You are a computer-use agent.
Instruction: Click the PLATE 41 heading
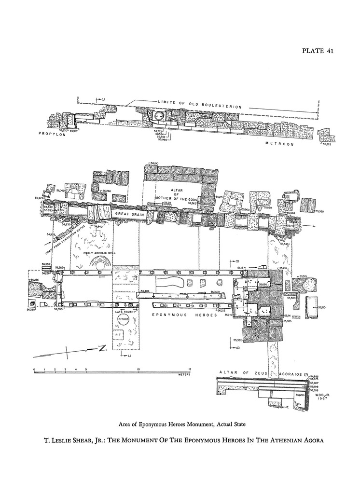click(318, 51)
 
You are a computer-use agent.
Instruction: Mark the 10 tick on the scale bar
click(138, 370)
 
